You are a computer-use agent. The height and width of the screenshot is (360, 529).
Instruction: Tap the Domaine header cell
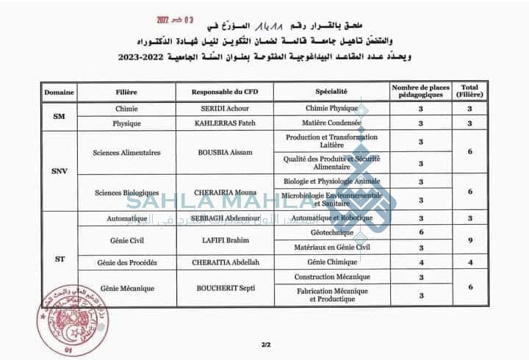click(x=59, y=92)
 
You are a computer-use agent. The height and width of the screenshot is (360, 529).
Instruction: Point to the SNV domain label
click(x=59, y=170)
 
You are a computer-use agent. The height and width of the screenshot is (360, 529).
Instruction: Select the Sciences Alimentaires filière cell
click(x=127, y=153)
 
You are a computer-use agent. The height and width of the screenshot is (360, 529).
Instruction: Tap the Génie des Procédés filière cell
click(x=127, y=262)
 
